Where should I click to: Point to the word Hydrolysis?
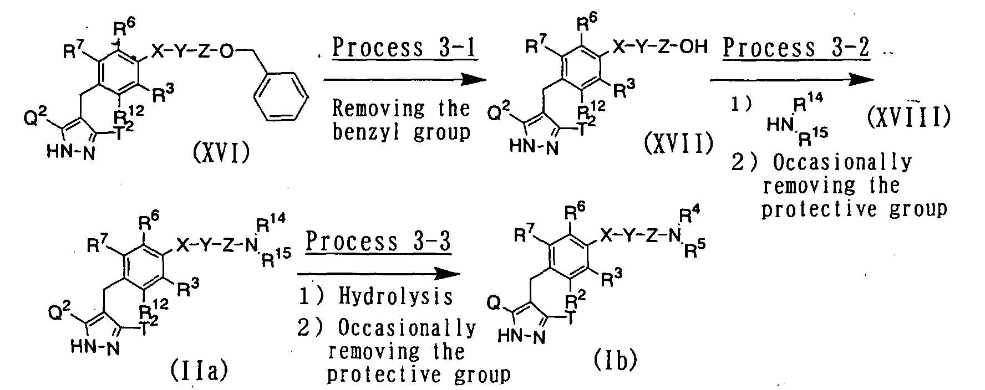[395, 297]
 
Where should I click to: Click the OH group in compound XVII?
[693, 48]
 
